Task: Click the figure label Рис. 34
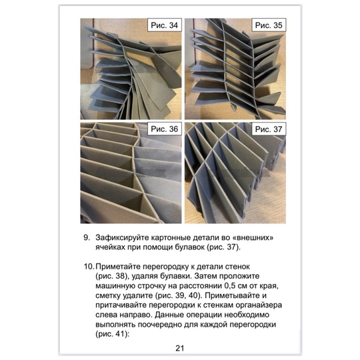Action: click(x=165, y=25)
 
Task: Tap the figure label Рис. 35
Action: click(x=269, y=25)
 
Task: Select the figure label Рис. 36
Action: click(x=165, y=129)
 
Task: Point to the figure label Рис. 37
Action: click(x=269, y=129)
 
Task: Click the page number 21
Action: click(x=180, y=348)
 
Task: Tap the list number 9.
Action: click(x=87, y=237)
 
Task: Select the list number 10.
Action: click(x=89, y=267)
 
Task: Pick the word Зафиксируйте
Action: click(x=122, y=237)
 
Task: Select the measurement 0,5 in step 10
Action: click(x=230, y=286)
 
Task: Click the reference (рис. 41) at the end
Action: click(x=111, y=334)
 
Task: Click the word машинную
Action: click(x=115, y=286)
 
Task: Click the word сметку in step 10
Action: click(x=108, y=296)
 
